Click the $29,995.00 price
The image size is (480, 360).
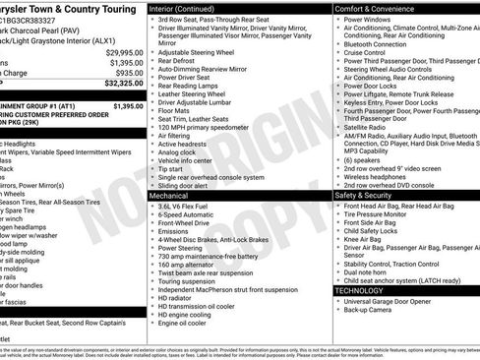pos(120,51)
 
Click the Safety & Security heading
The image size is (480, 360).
pos(370,195)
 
